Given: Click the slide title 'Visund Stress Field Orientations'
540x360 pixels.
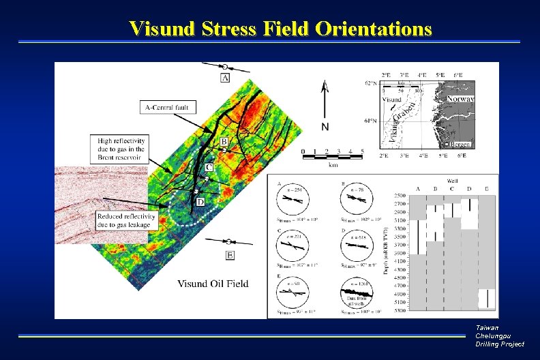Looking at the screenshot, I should [280, 29].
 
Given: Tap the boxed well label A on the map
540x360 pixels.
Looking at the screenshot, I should [225, 78].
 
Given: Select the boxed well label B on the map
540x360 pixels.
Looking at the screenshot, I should [224, 141].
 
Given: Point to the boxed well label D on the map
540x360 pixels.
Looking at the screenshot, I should [200, 202].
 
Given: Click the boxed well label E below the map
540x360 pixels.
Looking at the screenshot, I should [230, 255].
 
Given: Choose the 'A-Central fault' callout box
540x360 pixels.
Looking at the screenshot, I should [169, 107].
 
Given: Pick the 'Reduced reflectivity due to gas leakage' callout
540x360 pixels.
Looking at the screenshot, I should [126, 220].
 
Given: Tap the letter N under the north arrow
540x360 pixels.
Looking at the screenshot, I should [325, 127].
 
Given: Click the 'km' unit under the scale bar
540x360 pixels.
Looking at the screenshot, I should [332, 164].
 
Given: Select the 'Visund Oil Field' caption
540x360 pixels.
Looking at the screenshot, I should [213, 284].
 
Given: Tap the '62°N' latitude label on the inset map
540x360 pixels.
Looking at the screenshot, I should [370, 84].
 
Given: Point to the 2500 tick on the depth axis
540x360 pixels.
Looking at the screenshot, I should [399, 196].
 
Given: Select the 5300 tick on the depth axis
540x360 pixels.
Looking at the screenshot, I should [399, 310].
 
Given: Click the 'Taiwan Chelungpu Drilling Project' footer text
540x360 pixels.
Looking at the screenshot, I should [500, 336].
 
